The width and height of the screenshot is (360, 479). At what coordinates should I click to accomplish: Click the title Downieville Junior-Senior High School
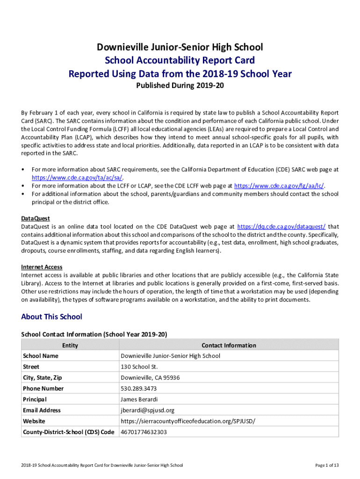[180, 47]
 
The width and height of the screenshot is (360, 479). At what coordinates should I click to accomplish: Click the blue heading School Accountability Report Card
[180, 60]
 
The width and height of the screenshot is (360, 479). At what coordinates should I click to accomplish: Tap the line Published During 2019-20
[180, 86]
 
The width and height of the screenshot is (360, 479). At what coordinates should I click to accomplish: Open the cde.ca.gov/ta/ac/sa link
[78, 178]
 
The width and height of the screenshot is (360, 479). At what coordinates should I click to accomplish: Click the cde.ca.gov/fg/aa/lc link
[280, 186]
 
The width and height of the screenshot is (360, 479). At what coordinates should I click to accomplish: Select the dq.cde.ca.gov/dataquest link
[281, 226]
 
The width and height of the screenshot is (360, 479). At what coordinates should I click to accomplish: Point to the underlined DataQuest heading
[36, 218]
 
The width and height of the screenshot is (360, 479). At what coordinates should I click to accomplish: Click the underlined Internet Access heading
[42, 267]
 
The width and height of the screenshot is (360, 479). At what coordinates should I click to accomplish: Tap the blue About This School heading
[51, 317]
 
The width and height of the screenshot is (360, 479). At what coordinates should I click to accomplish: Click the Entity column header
[70, 345]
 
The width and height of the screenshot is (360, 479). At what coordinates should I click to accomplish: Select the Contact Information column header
[229, 345]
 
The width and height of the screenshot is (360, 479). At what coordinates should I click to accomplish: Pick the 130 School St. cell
[139, 367]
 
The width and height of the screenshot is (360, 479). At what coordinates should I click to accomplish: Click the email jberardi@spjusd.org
[147, 410]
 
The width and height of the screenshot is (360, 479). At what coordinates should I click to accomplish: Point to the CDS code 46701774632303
[144, 432]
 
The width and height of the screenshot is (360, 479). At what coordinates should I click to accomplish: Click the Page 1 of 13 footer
[327, 465]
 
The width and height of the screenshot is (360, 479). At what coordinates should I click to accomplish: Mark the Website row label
[34, 421]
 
